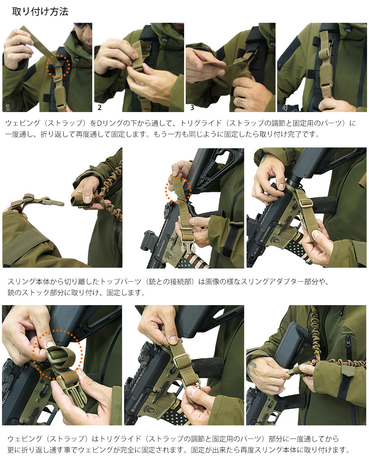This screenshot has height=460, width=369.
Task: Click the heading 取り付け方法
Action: [x=40, y=11]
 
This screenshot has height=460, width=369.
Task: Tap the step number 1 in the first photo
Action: [x=7, y=107]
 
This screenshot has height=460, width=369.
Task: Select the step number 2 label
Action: [x=100, y=107]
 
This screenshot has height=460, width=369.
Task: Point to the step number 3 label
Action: [x=192, y=107]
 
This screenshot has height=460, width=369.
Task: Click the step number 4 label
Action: [x=285, y=107]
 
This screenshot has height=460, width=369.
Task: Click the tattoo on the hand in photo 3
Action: [x=240, y=102]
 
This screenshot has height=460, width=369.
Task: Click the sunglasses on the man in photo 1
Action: [x=82, y=26]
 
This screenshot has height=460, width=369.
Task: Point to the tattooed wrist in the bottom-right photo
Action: [x=252, y=366]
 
